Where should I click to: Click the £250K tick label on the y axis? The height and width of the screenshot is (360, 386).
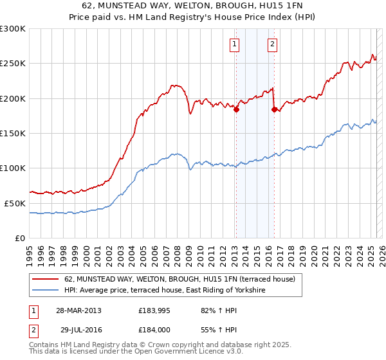[x=13, y=64]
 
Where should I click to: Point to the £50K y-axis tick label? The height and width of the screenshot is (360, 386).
[x=15, y=203]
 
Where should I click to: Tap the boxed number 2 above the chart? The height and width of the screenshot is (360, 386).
[x=272, y=44]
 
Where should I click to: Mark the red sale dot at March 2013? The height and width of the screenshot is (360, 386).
[x=236, y=109]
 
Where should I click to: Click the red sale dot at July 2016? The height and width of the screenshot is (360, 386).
[x=275, y=109]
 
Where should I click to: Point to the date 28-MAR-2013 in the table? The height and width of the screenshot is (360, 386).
[x=78, y=310]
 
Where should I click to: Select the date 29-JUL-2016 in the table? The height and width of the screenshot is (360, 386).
[x=78, y=330]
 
